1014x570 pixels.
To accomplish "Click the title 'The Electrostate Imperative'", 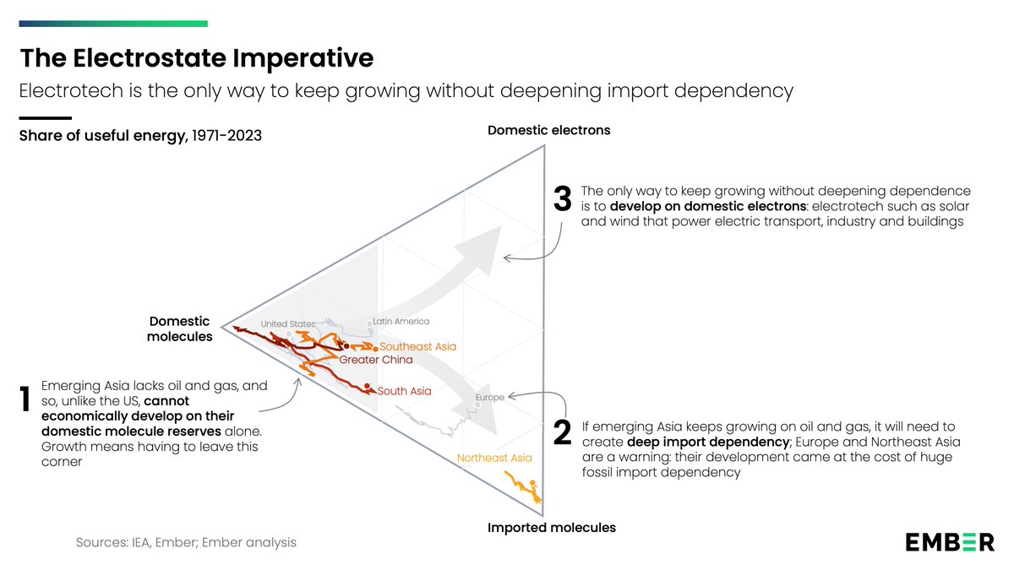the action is tap(197, 58).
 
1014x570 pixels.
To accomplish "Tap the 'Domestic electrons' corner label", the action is tap(548, 130).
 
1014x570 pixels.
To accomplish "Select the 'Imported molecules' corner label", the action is tap(551, 528).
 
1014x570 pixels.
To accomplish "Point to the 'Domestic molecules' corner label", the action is tap(180, 328).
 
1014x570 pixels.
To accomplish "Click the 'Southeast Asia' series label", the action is tap(417, 346).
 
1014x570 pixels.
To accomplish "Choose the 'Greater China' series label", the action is tap(376, 360).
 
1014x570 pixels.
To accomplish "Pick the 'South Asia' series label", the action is tap(404, 391).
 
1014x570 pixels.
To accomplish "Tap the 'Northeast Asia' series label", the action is tap(494, 458).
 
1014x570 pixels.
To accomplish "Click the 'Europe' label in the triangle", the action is tap(489, 397).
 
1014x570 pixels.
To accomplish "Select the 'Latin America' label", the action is tap(401, 321).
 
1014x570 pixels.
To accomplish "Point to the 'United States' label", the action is tap(288, 324).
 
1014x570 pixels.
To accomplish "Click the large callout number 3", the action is tap(562, 198).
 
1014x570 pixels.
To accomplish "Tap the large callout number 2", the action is tap(562, 433).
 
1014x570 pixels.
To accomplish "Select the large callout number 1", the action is tap(25, 399).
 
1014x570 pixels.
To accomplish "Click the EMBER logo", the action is tap(950, 542).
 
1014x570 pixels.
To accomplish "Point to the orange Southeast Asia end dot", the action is tap(375, 349).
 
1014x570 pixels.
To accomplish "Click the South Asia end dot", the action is tap(367, 386).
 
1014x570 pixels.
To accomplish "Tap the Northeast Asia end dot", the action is tap(533, 483).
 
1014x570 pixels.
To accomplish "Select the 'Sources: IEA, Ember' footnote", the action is tap(186, 542).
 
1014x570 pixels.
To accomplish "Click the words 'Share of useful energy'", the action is tap(102, 136).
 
